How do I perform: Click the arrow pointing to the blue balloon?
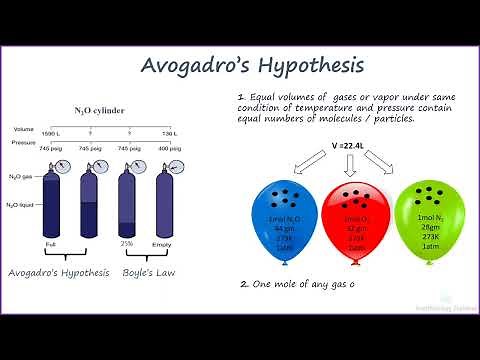pos(303,163)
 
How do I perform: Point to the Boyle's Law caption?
pos(149,271)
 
